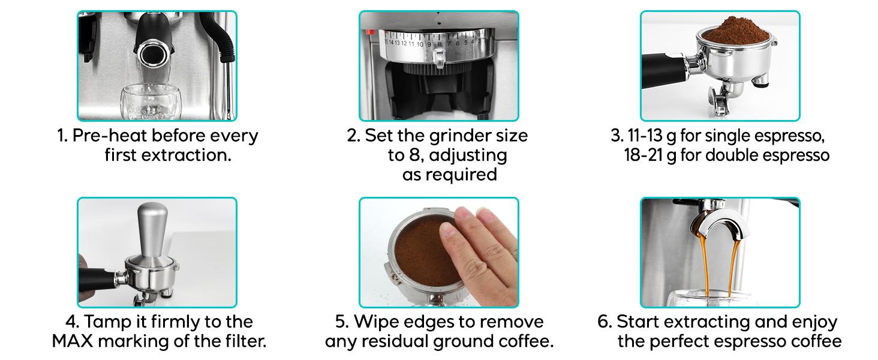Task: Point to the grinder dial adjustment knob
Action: click(439, 59)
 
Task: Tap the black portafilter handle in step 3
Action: click(664, 71)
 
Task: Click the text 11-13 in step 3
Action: click(645, 136)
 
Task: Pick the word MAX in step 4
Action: click(73, 341)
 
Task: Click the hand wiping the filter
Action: click(479, 255)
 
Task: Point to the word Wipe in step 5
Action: click(376, 322)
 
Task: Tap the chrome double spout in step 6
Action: click(717, 227)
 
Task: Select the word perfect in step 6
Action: click(679, 342)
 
